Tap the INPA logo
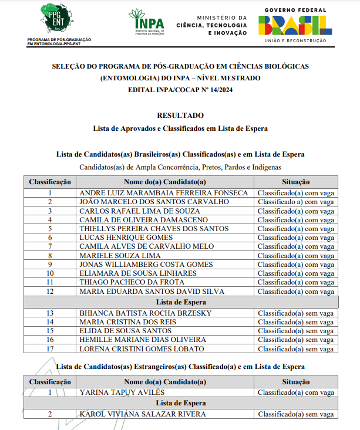[x=146, y=23]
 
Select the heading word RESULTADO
[x=180, y=115]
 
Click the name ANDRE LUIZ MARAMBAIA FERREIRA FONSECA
[x=164, y=193]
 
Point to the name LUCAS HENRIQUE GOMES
[x=126, y=238]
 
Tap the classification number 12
[x=51, y=292]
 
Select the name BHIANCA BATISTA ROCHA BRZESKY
[x=145, y=313]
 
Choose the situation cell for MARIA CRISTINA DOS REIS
[x=295, y=322]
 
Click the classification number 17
[x=51, y=349]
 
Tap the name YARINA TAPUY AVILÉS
[x=122, y=392]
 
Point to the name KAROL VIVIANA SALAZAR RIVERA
[x=143, y=414]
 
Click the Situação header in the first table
[x=295, y=182]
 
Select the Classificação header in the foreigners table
[x=51, y=382]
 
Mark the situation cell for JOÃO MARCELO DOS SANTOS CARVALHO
[x=295, y=202]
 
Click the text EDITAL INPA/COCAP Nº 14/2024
[x=180, y=90]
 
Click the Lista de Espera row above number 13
[x=180, y=302]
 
